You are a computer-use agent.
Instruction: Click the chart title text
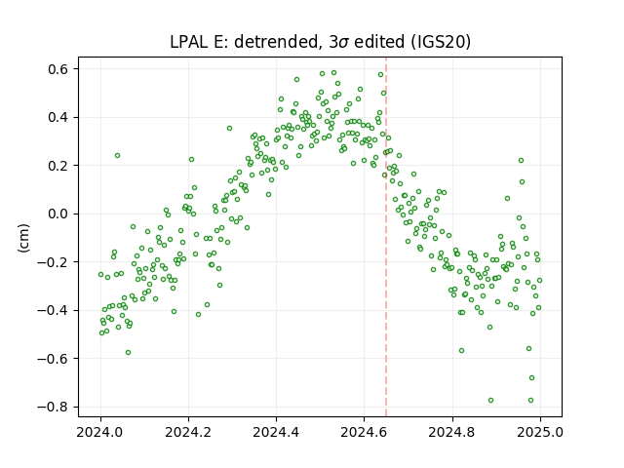[321, 42]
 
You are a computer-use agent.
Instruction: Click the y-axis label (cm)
[23, 238]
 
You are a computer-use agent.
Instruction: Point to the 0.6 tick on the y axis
[58, 69]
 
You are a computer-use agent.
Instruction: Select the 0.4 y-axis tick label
[58, 117]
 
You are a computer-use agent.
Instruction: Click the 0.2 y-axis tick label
[58, 166]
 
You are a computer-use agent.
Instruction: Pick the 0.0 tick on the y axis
[58, 214]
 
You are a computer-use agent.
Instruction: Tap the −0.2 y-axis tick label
[54, 262]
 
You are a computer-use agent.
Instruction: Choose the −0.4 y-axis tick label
[54, 310]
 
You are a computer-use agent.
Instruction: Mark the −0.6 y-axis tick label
[54, 359]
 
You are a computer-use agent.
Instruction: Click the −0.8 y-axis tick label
[54, 407]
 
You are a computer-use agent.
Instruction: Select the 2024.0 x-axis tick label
[100, 432]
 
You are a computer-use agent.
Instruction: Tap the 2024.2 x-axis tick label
[188, 432]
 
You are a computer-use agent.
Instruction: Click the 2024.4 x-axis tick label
[276, 432]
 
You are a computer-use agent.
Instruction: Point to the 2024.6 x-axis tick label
[364, 432]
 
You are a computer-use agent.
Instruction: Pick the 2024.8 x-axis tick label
[452, 432]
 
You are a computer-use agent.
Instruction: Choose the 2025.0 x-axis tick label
[540, 432]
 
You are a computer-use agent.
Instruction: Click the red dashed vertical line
[386, 237]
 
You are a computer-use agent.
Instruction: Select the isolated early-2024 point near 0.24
[117, 156]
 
